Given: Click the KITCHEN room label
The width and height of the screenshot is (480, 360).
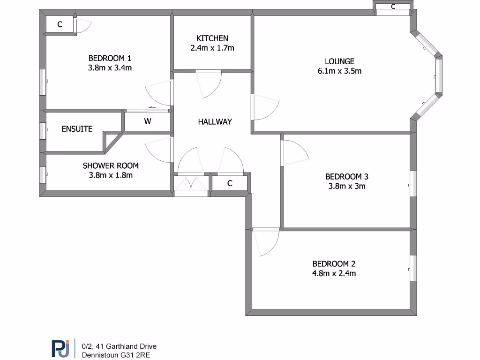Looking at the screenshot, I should coord(212,38).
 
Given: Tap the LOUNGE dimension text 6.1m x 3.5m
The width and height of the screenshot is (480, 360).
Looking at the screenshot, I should coord(339,71).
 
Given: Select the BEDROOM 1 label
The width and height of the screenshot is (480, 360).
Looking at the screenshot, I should coord(110,58).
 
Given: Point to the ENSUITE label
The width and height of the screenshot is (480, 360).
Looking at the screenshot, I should coord(77,129).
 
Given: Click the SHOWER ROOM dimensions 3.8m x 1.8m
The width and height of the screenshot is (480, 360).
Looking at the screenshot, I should coord(111,175).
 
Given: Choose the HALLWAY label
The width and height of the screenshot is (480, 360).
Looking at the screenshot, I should coord(215,121).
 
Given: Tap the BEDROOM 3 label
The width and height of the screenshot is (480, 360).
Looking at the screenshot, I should coord(346,177).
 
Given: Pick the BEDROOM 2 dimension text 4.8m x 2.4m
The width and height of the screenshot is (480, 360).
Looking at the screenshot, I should coord(334,273).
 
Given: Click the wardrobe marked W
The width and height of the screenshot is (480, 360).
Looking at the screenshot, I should coord(147,122).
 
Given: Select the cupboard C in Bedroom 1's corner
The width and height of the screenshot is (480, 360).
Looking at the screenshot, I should coord(60,25).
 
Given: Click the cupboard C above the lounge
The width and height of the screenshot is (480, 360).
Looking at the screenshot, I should coord(393,7).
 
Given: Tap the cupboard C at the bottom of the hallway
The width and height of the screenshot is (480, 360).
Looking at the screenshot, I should coord(230,183).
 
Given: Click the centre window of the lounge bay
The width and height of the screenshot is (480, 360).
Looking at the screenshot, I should coord(439,75).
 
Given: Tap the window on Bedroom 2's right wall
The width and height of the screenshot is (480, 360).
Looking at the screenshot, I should coord(413,268).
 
